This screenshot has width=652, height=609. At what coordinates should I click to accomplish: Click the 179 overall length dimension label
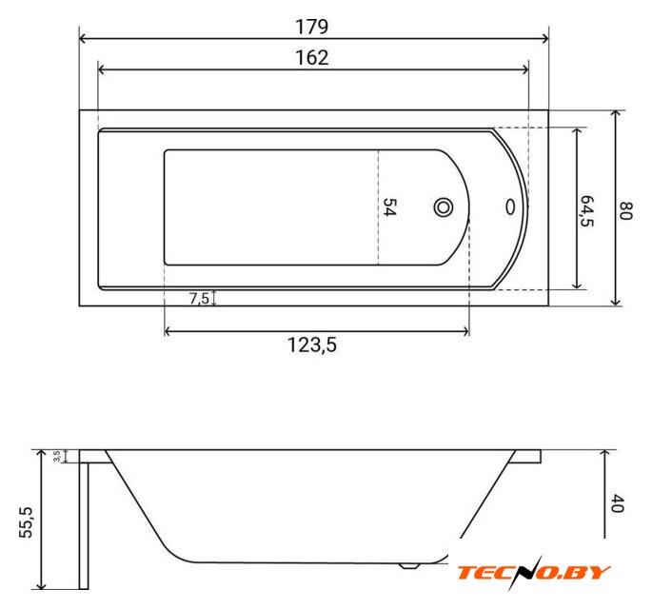[x=311, y=27]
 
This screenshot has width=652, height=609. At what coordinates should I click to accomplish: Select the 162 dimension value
[x=312, y=58]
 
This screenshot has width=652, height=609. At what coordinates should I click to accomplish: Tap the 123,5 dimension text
[x=312, y=345]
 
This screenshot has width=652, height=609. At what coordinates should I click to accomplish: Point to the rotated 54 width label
[x=389, y=206]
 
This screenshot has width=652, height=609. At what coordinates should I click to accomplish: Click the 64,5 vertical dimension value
[x=586, y=210]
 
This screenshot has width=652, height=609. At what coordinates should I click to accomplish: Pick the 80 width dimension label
[x=625, y=210]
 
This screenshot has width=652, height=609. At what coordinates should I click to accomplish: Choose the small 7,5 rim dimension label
[x=199, y=298]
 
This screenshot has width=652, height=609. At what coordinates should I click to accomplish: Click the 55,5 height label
[x=27, y=522]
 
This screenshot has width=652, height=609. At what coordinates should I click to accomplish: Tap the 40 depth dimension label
[x=618, y=503]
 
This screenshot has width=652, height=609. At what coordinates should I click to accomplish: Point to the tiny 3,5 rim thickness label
[x=57, y=456]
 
